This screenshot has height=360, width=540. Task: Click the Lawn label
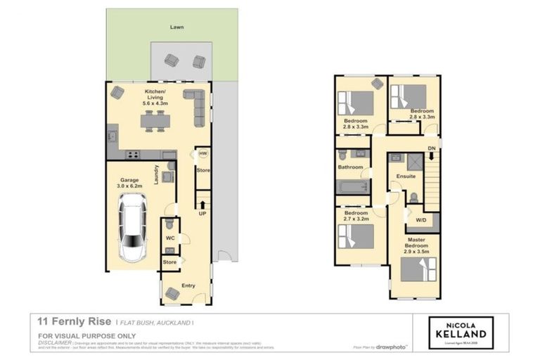pyautogui.click(x=176, y=27)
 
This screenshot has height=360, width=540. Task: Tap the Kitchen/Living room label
pyautogui.click(x=154, y=96)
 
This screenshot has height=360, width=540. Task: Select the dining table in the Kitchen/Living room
pyautogui.click(x=155, y=122)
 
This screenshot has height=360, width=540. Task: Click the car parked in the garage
pyautogui.click(x=132, y=227)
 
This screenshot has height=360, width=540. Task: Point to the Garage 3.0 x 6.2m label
pyautogui.click(x=129, y=184)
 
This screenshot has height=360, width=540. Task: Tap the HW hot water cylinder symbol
pyautogui.click(x=202, y=153)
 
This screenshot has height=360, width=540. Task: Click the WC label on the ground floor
pyautogui.click(x=169, y=238)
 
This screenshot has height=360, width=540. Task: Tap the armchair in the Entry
pyautogui.click(x=172, y=293)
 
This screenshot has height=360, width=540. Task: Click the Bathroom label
pyautogui.click(x=350, y=167)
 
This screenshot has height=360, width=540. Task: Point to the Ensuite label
pyautogui.click(x=406, y=176)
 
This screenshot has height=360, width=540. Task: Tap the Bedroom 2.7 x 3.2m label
pyautogui.click(x=355, y=216)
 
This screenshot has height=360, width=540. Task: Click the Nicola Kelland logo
pyautogui.click(x=461, y=333)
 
